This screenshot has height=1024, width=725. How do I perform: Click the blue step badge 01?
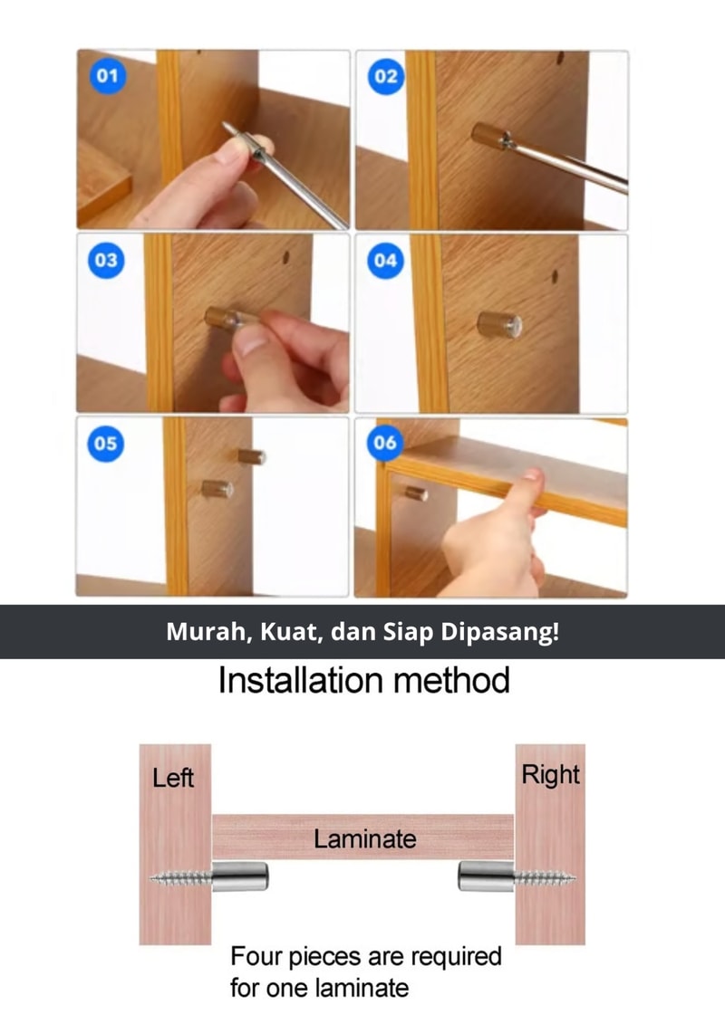point(107,76)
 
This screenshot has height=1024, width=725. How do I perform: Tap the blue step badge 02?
point(386,76)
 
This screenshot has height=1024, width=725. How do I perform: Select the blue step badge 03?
point(106,260)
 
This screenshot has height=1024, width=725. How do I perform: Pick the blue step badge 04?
point(385,261)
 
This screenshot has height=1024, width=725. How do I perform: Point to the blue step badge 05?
point(105,444)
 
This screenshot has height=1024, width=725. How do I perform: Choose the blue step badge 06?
point(385,443)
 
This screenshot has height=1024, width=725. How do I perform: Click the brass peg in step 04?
point(498,324)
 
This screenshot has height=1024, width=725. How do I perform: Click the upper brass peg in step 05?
point(251,455)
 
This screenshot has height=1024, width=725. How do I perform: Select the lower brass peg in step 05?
point(217,489)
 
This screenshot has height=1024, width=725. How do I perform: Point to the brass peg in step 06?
point(416,493)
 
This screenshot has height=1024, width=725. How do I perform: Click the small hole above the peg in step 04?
point(555,277)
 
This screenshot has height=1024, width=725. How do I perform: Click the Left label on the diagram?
point(172,778)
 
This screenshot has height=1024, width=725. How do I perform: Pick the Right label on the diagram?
point(550,775)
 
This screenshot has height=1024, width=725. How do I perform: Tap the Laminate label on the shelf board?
point(365,838)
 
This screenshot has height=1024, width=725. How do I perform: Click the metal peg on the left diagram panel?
point(240,876)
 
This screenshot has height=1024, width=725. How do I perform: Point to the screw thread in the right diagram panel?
point(545,878)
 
